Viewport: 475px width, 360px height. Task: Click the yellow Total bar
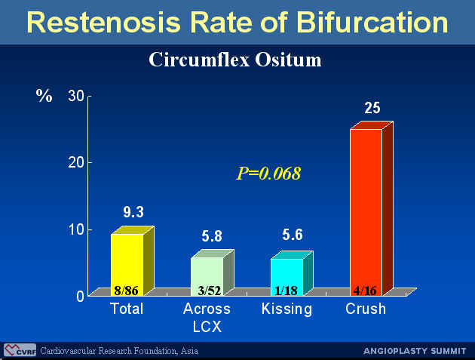tap(133, 261)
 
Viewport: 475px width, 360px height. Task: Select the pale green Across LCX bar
tap(213, 272)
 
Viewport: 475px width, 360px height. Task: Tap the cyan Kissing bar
tap(292, 273)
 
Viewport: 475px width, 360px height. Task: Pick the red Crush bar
tap(372, 208)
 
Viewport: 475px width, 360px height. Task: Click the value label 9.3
tap(133, 212)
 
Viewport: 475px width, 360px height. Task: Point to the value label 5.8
tap(212, 236)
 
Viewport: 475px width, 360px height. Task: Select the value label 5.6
tap(293, 235)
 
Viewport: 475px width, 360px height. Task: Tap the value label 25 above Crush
tap(372, 108)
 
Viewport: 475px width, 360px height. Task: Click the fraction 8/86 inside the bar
tap(126, 291)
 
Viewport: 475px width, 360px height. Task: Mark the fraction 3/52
tap(210, 291)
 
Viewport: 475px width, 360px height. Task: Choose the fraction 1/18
tap(286, 291)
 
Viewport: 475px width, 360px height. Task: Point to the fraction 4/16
tap(365, 291)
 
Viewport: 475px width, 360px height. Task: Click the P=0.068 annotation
tap(268, 173)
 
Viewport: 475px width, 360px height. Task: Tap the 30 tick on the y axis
tap(76, 96)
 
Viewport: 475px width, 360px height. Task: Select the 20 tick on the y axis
tap(76, 163)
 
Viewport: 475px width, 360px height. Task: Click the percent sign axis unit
tap(44, 96)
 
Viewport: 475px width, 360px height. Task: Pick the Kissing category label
tap(287, 309)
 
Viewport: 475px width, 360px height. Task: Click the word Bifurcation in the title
tap(372, 22)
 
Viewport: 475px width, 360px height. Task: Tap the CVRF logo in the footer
tap(20, 350)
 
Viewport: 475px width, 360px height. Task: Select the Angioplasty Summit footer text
tap(415, 351)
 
